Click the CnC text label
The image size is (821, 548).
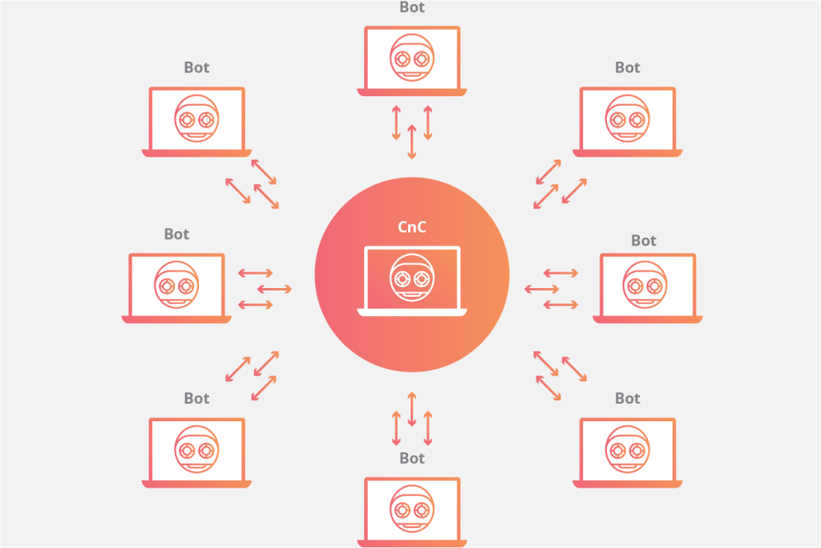click(x=412, y=227)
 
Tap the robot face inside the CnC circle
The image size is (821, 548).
click(x=412, y=278)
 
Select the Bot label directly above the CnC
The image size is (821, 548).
click(x=412, y=7)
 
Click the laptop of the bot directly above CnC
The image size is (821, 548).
click(x=412, y=61)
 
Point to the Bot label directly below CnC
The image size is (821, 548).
click(x=412, y=458)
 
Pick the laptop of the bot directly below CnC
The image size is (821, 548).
click(x=412, y=512)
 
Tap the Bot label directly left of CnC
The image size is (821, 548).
click(x=176, y=234)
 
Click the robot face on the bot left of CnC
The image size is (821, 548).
click(x=176, y=285)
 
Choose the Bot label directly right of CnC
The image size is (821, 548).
click(x=644, y=241)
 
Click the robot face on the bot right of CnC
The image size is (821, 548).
click(x=645, y=285)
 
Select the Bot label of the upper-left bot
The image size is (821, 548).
click(x=197, y=67)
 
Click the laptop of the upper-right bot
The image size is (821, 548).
click(x=627, y=122)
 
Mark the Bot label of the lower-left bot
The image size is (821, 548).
click(x=197, y=399)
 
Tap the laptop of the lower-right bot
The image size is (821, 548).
click(x=627, y=453)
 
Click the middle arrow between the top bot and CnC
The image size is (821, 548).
click(x=412, y=142)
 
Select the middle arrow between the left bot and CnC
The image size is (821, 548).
click(x=274, y=289)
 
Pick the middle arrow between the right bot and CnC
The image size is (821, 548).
click(x=542, y=289)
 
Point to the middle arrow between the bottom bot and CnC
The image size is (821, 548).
click(x=412, y=409)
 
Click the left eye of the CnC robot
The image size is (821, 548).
click(x=402, y=278)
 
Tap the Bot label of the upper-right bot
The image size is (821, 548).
click(x=627, y=67)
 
